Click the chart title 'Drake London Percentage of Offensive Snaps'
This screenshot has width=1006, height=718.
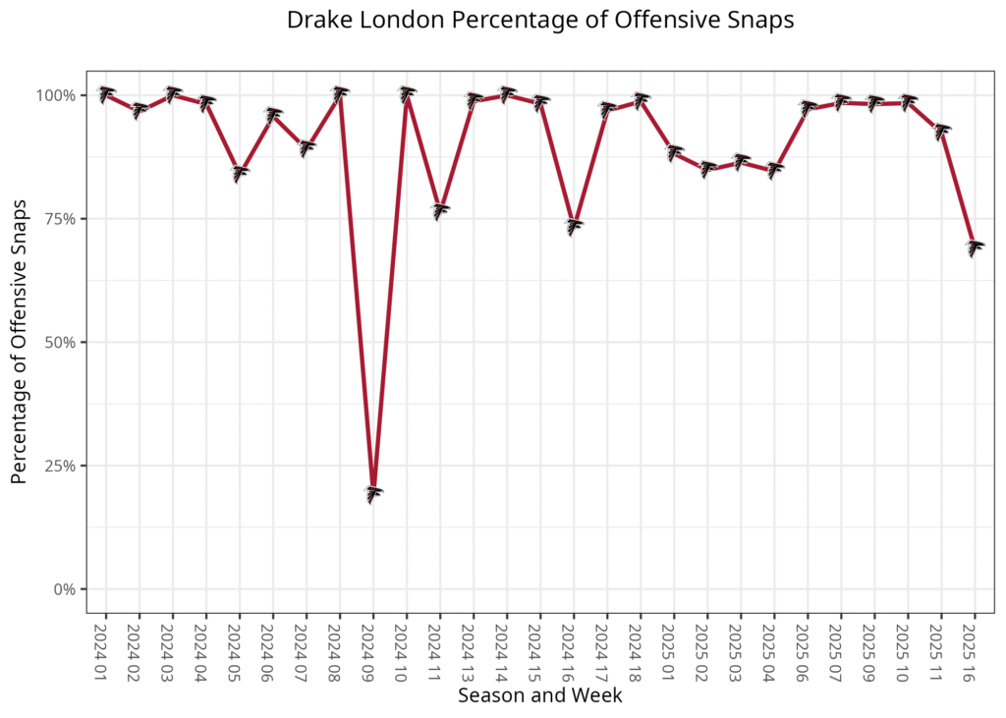[539, 20]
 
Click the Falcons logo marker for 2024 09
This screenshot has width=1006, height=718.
[373, 494]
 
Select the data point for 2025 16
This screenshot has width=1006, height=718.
[975, 248]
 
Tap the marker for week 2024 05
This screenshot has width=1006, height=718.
[240, 173]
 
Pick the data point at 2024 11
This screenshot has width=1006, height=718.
[440, 210]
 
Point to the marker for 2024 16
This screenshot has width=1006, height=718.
[574, 226]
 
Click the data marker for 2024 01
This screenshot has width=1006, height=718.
[106, 94]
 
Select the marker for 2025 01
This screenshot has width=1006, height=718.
[674, 152]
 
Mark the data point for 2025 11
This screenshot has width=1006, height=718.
[941, 131]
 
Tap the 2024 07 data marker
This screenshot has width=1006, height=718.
[307, 148]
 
